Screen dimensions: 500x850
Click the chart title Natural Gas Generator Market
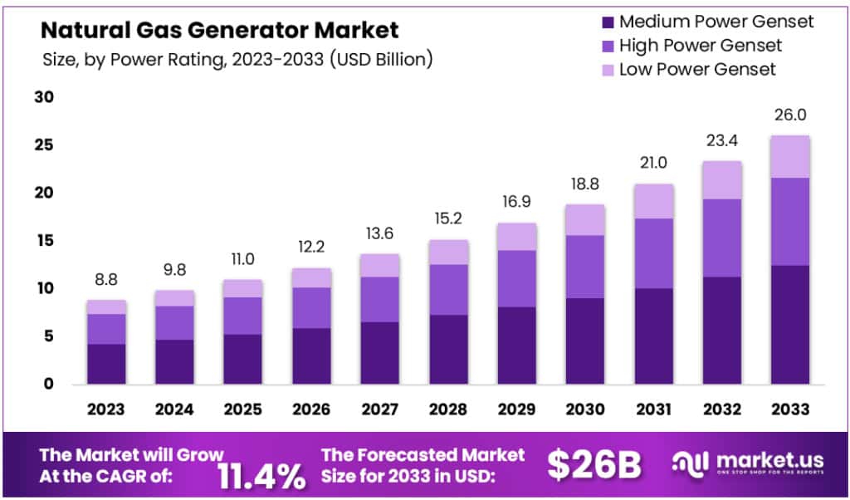pos(220,31)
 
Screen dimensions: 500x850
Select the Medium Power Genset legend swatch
pos(606,22)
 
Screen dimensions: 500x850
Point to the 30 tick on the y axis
pos(44,97)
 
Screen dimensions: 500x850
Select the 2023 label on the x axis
pos(105,409)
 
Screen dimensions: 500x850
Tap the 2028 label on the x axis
pos(448,409)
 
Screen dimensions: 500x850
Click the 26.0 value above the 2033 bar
pos(790,115)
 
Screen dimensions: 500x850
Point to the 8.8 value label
pos(105,281)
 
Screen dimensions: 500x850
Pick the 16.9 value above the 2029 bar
pos(516,203)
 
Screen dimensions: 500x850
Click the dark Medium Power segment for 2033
pos(790,324)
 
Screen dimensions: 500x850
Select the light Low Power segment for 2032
pos(721,179)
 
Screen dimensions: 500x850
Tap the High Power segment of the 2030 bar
pos(585,266)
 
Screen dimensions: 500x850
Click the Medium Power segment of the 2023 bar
pos(105,364)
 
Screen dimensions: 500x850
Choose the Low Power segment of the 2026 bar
pos(311,277)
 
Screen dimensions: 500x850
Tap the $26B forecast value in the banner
pos(594,466)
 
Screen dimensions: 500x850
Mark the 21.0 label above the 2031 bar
pos(653,164)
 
